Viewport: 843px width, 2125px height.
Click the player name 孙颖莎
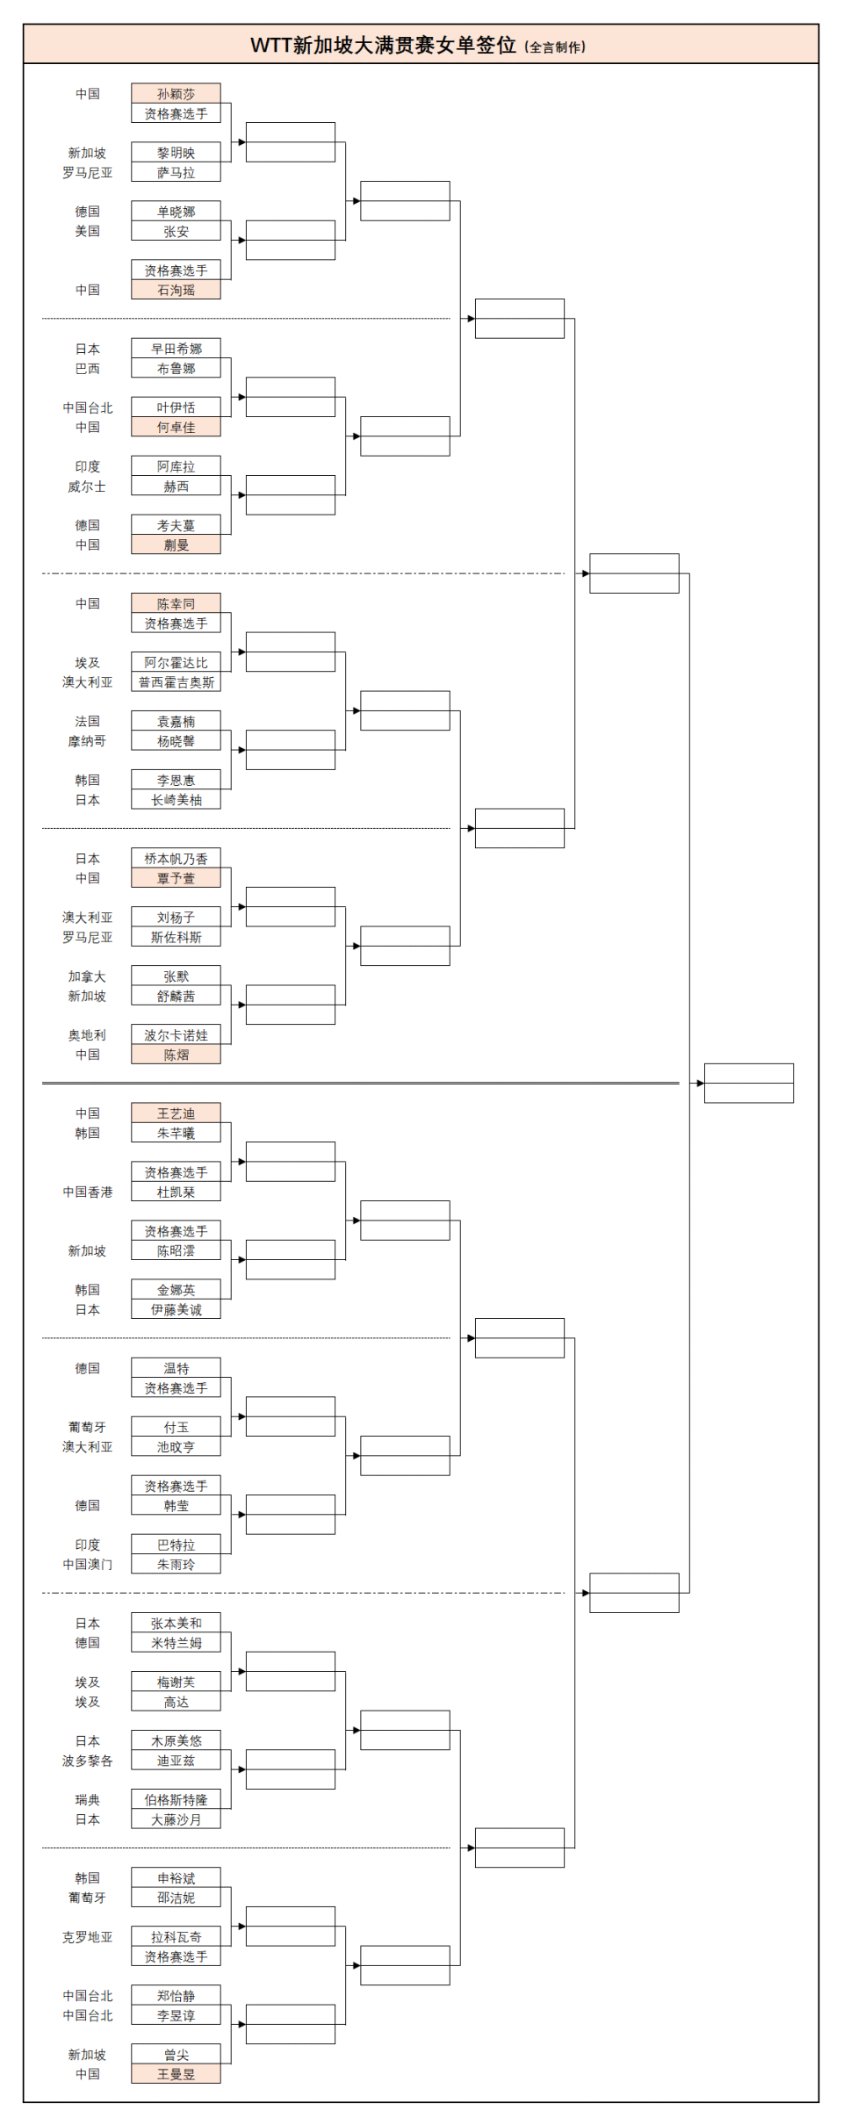pos(176,94)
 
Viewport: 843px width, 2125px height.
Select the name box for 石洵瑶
pos(176,290)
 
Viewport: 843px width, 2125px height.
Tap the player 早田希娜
pos(176,349)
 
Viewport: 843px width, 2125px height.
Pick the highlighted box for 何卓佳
pos(176,428)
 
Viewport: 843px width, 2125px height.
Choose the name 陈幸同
pos(176,604)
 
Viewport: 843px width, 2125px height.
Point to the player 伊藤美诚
pos(176,1309)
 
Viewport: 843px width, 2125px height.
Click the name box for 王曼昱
pos(176,2074)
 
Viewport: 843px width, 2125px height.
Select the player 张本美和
pos(176,1624)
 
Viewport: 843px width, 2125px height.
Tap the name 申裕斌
pos(176,1878)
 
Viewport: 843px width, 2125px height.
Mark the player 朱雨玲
pos(176,1564)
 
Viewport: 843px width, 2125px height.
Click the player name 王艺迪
pos(176,1113)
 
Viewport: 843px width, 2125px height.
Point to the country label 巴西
pos(87,369)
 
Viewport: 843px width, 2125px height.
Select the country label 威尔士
pos(87,486)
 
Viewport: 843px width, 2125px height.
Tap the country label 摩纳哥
pos(87,741)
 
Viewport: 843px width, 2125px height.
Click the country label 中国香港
pos(87,1192)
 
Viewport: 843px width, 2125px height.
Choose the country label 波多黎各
pos(87,1761)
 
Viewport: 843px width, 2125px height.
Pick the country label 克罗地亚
pos(87,1937)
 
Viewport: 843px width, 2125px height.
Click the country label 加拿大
pos(87,976)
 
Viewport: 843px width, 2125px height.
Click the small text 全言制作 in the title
pos(555,47)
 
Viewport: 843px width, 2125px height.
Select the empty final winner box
pos(748,1083)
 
